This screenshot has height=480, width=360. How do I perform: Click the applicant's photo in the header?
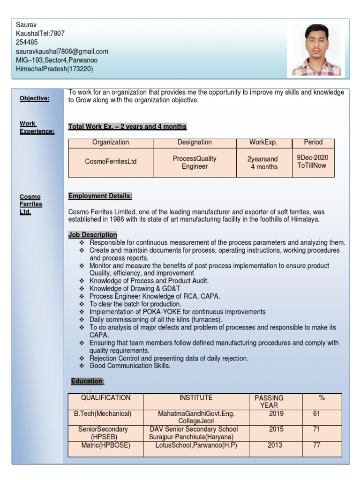[x=316, y=50]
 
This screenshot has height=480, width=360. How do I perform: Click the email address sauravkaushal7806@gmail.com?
[x=62, y=51]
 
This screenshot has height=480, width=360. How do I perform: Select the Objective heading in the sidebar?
[x=34, y=98]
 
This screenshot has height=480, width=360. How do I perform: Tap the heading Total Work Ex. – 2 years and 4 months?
[x=127, y=127]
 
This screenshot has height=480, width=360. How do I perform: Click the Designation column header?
[x=195, y=142]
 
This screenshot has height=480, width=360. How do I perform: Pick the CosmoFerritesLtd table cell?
[x=111, y=162]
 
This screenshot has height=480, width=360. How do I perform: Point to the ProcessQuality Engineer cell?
[x=195, y=162]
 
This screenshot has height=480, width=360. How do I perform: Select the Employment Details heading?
[x=100, y=195]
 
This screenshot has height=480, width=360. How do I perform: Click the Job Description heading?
[x=93, y=234]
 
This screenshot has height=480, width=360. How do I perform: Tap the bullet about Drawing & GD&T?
[x=135, y=289]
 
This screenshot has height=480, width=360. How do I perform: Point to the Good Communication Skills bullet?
[x=130, y=366]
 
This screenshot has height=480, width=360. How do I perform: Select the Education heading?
[x=87, y=382]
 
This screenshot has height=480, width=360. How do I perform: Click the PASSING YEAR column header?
[x=269, y=401]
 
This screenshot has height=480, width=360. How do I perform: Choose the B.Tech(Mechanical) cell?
[x=105, y=414]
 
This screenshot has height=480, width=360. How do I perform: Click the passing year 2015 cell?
[x=276, y=429]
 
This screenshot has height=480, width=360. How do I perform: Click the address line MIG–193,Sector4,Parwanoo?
[x=57, y=60]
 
